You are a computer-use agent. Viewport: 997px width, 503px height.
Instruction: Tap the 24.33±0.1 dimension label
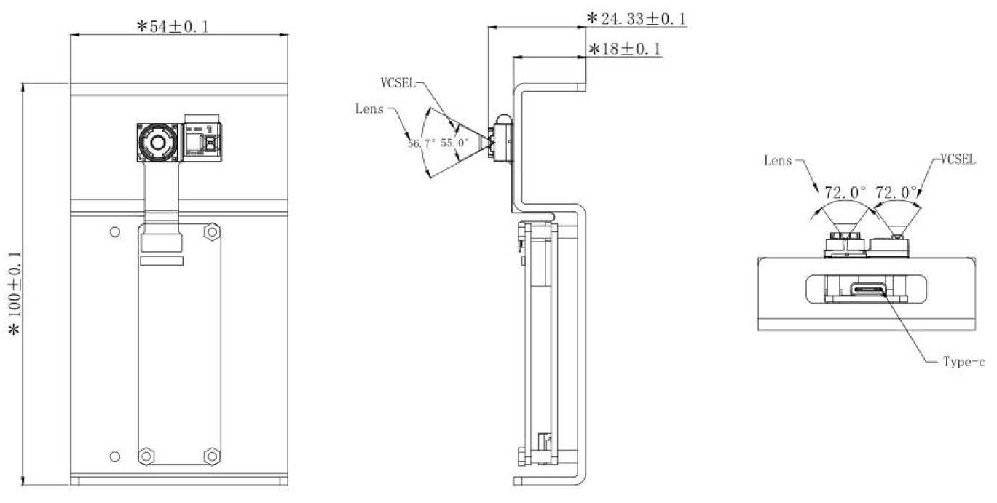[x=637, y=19]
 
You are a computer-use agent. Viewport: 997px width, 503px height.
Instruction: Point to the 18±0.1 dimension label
[x=624, y=49]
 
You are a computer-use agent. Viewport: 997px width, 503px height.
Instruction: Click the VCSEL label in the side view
[x=398, y=83]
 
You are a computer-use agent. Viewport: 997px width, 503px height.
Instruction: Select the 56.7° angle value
[x=421, y=143]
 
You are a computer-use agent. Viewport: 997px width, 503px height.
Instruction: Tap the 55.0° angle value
[x=454, y=143]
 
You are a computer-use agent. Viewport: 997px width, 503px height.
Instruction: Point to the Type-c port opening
[x=867, y=290]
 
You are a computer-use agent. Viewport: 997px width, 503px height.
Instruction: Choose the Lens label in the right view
[x=778, y=160]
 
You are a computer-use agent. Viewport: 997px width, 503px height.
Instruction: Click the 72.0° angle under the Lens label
[x=846, y=193]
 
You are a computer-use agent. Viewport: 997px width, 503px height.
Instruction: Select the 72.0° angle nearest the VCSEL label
[x=896, y=193]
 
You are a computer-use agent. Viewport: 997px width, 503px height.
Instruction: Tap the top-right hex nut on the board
[x=211, y=232]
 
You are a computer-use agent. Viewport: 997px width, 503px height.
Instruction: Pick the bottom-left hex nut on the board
[x=146, y=456]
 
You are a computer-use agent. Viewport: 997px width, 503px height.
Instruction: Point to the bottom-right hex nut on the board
[x=211, y=456]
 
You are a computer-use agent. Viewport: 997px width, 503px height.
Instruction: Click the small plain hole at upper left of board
[x=114, y=232]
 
